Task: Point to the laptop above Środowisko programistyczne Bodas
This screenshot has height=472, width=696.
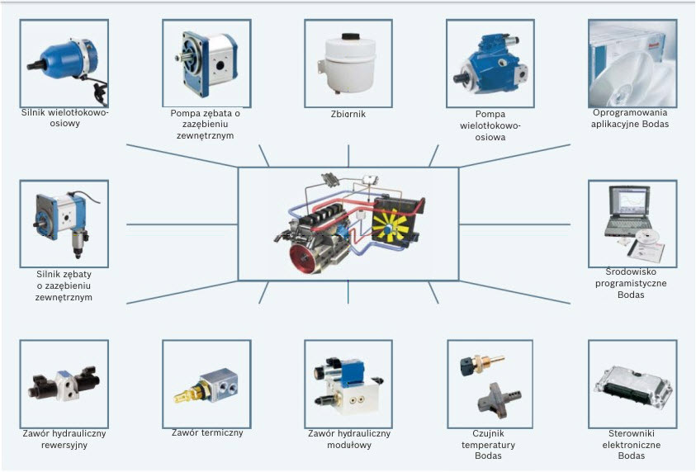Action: [x=628, y=211]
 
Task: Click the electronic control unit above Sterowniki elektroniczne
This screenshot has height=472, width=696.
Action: [x=633, y=388]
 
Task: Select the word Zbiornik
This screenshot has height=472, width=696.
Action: [x=348, y=114]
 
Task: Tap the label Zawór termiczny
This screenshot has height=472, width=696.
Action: [x=207, y=432]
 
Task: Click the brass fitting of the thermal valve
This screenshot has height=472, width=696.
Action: [x=187, y=393]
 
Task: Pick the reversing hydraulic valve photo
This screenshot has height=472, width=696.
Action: [x=64, y=384]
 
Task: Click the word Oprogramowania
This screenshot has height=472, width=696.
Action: [x=630, y=113]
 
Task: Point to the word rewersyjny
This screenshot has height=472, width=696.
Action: [x=64, y=445]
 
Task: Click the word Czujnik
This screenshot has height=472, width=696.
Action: [x=488, y=433]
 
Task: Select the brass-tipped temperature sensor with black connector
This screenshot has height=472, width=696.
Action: [x=481, y=365]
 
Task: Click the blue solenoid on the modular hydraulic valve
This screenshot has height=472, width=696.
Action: [x=352, y=372]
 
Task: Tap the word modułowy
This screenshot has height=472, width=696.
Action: [x=349, y=445]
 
